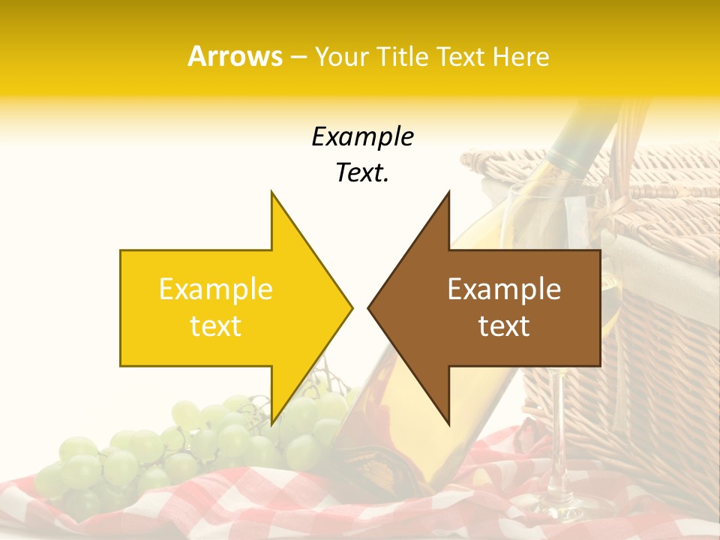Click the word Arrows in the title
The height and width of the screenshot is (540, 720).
click(235, 56)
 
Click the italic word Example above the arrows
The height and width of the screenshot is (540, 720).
click(362, 136)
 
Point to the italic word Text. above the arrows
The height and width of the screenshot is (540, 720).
click(362, 172)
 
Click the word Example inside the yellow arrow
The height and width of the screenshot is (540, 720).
click(215, 289)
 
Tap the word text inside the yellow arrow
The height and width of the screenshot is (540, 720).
click(215, 325)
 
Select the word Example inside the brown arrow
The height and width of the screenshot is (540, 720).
click(504, 289)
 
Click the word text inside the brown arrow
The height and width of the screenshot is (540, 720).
click(504, 325)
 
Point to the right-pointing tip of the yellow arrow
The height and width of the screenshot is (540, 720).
click(351, 307)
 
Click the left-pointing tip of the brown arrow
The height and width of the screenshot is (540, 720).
click(369, 307)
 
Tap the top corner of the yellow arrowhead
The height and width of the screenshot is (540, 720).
click(272, 193)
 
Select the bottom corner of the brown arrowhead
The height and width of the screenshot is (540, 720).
click(448, 423)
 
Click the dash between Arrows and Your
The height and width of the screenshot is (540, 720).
click(298, 57)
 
